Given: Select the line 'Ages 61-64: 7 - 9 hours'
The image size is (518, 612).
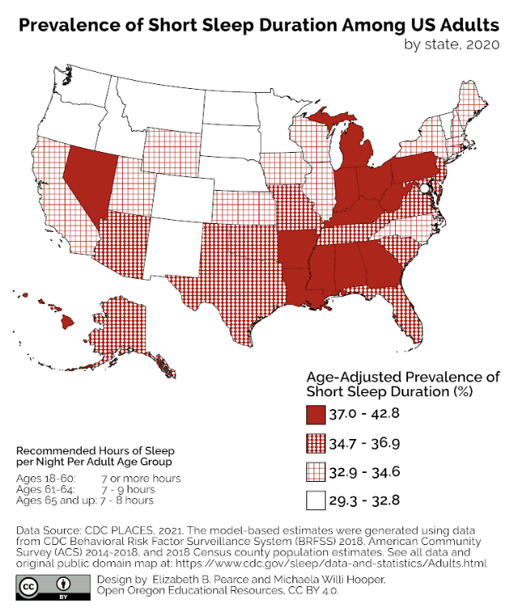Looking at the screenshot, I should tap(85, 489).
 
